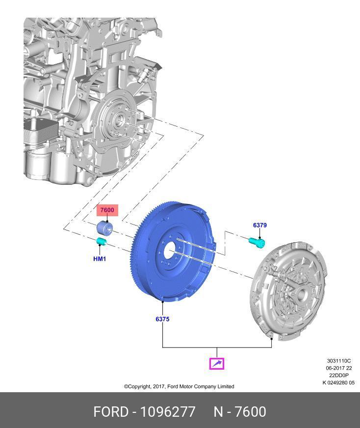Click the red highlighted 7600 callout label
107,210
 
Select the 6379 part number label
260,225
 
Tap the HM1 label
100,258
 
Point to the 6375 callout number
162,319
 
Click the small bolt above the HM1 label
101,241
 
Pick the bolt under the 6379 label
257,242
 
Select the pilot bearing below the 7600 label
104,228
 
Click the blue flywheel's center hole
169,252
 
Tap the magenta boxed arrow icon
217,363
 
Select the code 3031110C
338,361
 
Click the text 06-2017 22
338,368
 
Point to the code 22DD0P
338,376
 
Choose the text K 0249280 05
338,383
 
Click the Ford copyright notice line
179,386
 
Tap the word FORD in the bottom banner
111,412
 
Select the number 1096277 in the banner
168,412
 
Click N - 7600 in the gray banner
240,412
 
